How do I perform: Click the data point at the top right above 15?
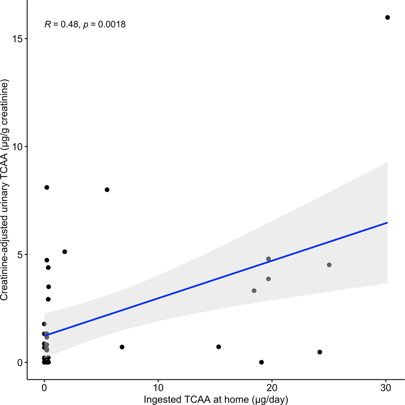click(387, 17)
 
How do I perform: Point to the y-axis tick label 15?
click(17, 38)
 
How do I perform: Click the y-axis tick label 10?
click(17, 147)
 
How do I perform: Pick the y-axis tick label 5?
click(20, 255)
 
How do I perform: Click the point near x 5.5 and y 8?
click(107, 190)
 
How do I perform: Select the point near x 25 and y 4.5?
click(329, 265)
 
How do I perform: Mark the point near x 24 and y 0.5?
click(320, 352)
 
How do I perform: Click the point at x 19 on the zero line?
click(261, 362)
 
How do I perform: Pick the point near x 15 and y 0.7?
click(219, 347)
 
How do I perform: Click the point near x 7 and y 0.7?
click(122, 347)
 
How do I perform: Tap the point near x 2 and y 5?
click(65, 252)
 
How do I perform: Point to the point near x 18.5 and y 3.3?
click(254, 291)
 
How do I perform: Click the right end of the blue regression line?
click(387, 223)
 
